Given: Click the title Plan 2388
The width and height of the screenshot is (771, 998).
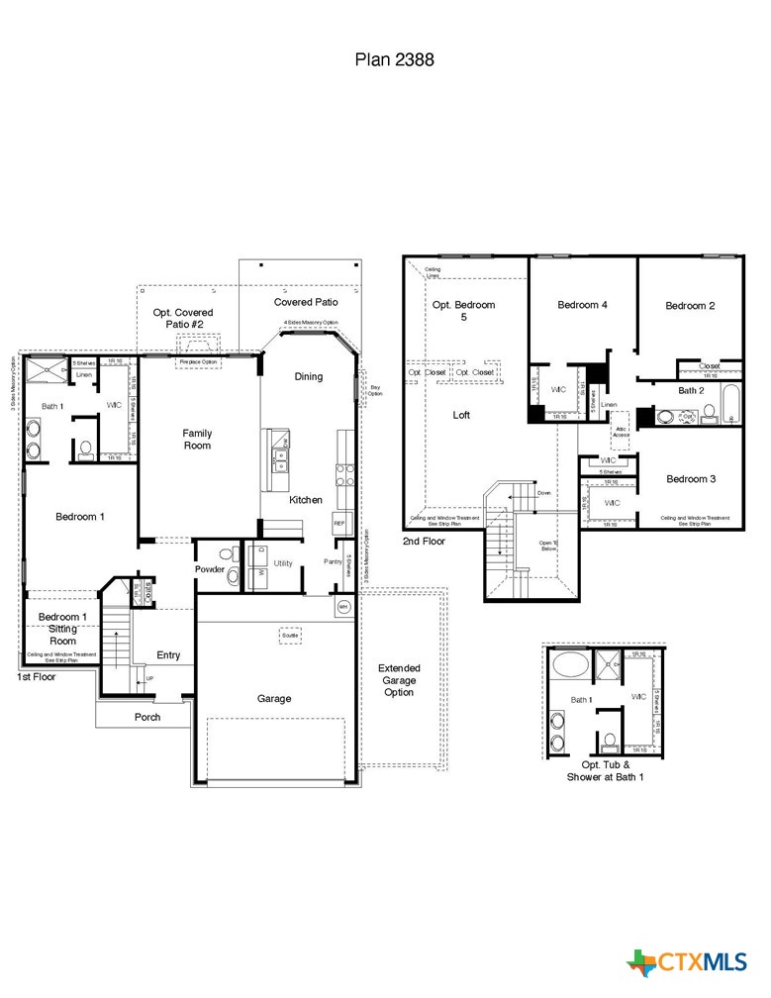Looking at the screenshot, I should point(394,59).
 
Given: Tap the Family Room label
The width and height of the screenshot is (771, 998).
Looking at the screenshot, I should point(197,440).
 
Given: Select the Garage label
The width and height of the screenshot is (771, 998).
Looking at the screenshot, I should point(274,698).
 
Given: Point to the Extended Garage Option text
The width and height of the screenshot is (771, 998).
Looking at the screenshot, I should point(400,680).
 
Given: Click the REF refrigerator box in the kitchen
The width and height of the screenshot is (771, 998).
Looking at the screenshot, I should point(338,523).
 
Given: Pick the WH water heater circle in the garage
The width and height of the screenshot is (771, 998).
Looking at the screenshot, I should point(343,606).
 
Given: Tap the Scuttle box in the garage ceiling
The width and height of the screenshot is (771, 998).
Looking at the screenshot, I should point(290,635).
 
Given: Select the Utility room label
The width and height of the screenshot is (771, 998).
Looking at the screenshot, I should point(283,562).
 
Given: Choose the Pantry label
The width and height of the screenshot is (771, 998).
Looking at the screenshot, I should point(333,562).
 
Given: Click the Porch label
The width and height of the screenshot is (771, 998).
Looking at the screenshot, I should point(147,717).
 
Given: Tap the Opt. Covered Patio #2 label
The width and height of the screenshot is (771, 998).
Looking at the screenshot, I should point(183,318).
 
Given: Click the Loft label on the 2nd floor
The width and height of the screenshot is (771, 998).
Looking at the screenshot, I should point(461,415).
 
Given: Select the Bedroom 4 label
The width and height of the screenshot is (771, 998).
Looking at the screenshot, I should point(582,305).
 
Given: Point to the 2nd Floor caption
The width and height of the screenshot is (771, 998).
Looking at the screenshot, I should point(424,542).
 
